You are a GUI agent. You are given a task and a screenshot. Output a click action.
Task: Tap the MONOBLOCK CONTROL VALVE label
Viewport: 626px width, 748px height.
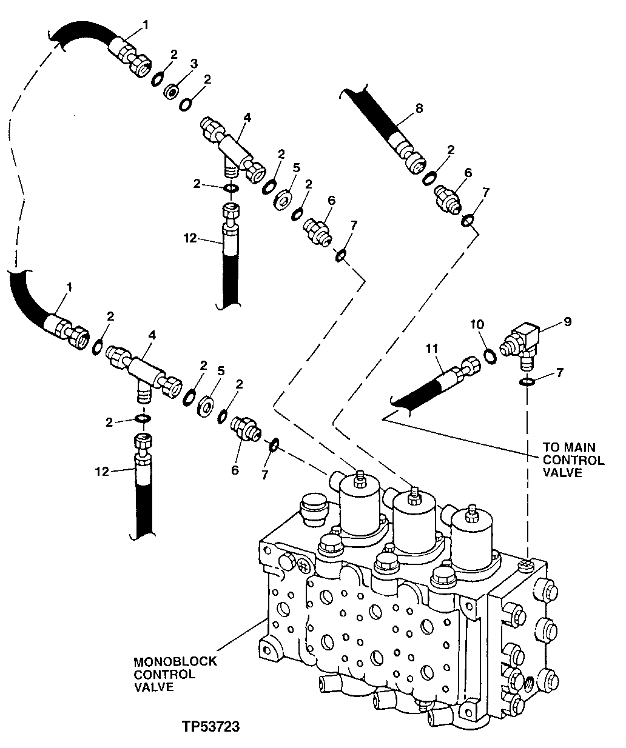point(175,674)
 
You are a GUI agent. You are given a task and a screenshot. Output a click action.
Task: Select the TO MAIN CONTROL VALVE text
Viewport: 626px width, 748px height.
point(573,460)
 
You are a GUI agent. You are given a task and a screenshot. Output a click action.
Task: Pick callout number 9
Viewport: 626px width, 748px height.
point(568,322)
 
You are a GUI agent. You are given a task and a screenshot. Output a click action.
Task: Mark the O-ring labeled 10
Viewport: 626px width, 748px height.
point(491,354)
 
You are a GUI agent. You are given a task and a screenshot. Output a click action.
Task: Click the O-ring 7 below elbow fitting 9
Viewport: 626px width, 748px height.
point(527,382)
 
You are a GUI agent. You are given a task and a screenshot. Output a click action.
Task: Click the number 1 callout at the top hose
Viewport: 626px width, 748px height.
point(145,25)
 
